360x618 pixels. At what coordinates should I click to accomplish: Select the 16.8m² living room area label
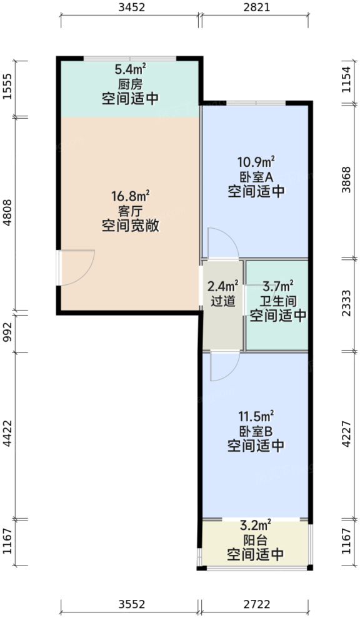tap(131, 196)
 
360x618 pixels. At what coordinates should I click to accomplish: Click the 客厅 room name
tap(131, 211)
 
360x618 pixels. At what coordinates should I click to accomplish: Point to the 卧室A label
tap(256, 176)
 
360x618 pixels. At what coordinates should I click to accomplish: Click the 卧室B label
tap(256, 431)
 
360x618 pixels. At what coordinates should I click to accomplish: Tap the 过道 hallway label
tap(222, 301)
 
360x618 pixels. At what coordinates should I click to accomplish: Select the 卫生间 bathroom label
tap(278, 301)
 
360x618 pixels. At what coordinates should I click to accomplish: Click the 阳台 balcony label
tap(256, 539)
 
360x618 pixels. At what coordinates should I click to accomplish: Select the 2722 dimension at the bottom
tap(256, 604)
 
